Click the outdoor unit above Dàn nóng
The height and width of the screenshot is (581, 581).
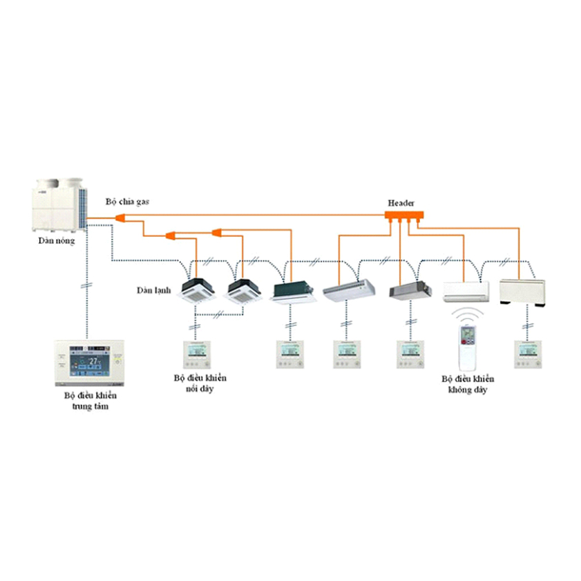point(61,204)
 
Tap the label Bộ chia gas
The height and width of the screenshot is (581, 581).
point(127,202)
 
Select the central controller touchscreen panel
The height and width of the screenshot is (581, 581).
point(87,363)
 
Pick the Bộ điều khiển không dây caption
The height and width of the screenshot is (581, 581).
point(468,385)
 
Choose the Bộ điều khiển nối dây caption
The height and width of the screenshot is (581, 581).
point(200,383)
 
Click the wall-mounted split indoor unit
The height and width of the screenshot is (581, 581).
point(466,291)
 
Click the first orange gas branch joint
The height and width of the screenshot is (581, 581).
point(120,218)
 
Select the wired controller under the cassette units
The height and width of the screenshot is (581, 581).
point(196,353)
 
